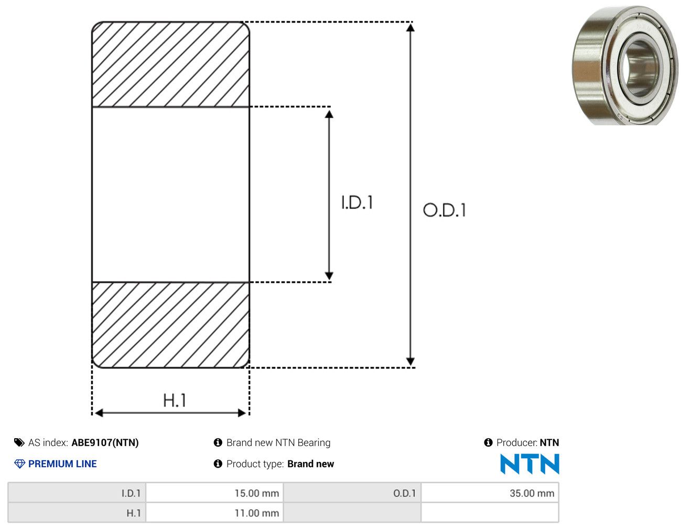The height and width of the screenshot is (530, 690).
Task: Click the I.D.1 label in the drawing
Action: (357, 202)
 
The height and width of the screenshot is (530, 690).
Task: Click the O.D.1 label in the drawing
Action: (444, 210)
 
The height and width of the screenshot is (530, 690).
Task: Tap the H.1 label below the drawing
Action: (174, 400)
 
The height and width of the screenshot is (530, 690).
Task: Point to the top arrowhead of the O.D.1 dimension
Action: (410, 28)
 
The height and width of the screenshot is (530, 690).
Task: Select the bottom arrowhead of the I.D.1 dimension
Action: (329, 276)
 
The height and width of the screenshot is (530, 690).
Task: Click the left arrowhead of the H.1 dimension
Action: (99, 413)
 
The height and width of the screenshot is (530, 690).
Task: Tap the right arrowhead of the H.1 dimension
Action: (242, 413)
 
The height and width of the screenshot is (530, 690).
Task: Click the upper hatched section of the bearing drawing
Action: (171, 64)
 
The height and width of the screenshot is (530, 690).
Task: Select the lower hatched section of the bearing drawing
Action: (171, 325)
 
